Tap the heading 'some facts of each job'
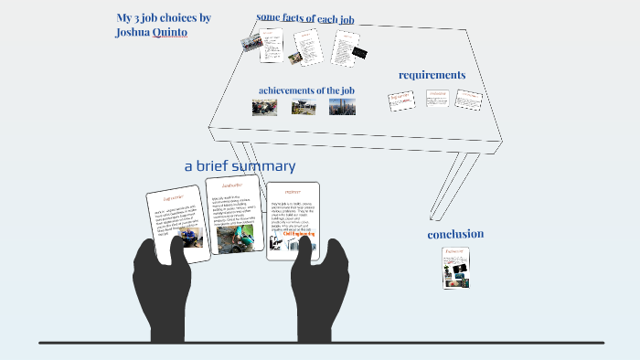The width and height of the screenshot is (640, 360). (304, 17)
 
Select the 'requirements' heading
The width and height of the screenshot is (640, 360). (432, 75)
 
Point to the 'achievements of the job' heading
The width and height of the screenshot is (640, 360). (306, 90)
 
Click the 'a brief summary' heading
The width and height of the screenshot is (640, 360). (240, 166)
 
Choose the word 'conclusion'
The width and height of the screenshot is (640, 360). (455, 234)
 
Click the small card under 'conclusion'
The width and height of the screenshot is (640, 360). (456, 268)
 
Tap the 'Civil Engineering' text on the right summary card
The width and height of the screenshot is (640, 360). (298, 235)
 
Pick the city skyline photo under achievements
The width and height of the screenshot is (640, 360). (342, 107)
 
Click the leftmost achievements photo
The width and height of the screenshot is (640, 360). (264, 107)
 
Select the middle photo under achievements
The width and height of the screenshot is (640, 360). (304, 108)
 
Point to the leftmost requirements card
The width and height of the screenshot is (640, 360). (401, 100)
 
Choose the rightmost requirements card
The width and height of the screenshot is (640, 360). (468, 100)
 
